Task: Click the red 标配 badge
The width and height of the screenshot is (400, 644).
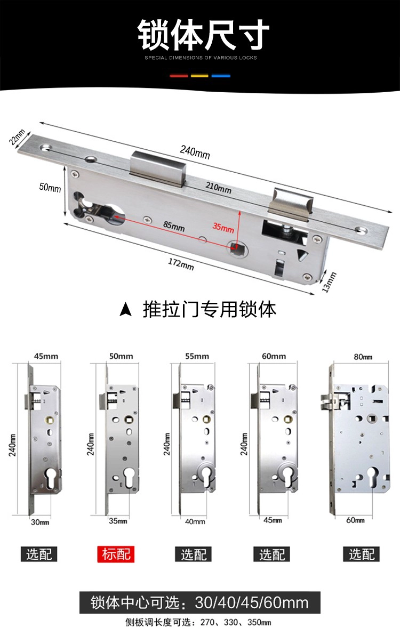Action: coord(116,554)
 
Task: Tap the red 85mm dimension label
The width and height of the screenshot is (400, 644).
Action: coord(174,226)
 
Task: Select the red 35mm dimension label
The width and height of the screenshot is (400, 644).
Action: coord(223,228)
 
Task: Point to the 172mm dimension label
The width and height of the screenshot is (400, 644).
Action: coord(181,264)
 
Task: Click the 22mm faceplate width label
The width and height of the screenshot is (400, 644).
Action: coord(17,137)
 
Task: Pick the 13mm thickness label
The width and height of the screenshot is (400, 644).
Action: coord(329,282)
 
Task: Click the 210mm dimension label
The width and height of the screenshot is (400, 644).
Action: coord(218,188)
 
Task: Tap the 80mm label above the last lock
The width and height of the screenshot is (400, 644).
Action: coord(363,357)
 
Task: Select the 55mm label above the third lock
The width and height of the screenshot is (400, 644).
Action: coord(197,356)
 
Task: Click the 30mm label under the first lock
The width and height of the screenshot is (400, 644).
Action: coord(40,522)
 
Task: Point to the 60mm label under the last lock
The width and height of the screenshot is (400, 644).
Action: coord(355,520)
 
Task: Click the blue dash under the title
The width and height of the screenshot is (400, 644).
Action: coord(221,76)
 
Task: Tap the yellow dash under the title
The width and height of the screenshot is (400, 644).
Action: coord(199,76)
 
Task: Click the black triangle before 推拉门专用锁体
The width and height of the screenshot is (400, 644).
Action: coord(126,310)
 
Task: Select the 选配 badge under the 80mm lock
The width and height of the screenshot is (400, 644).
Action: coord(361,554)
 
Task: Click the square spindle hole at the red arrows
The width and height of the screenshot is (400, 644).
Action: coord(236,247)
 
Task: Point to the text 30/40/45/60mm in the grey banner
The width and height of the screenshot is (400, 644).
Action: coord(252,603)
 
